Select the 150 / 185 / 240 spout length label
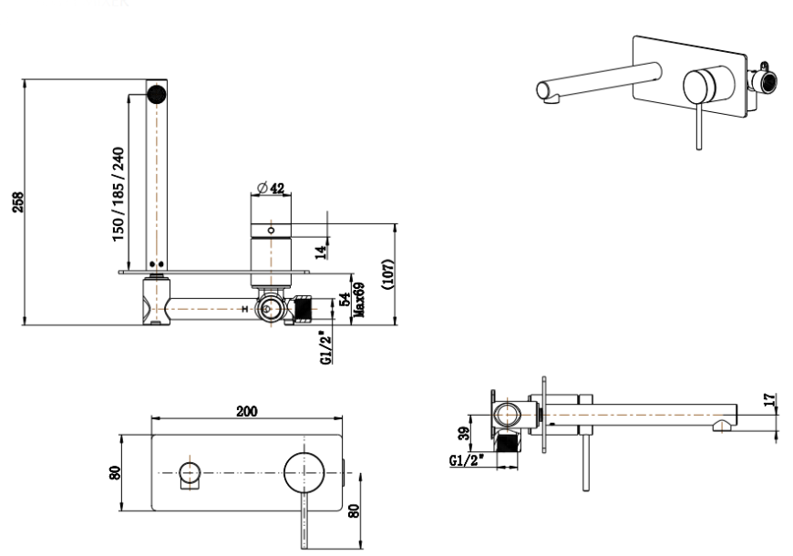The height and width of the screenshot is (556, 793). coord(118,193)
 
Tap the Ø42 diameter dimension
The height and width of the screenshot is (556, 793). coord(271,188)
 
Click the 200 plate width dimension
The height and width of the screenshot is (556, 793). coord(246,411)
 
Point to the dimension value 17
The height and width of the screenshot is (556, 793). coord(770,399)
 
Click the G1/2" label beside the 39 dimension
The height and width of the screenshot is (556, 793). coord(467,460)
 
